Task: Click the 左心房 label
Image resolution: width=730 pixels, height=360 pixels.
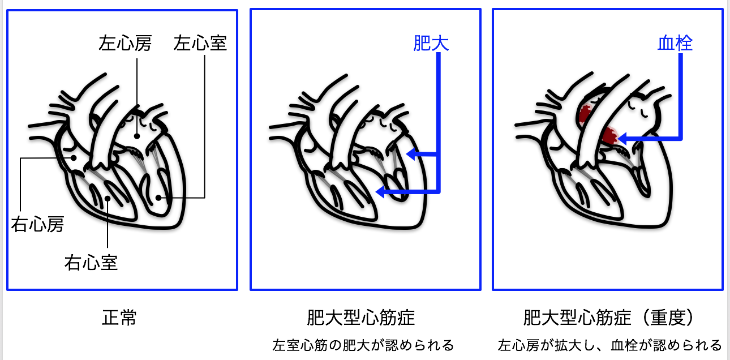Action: point(125,44)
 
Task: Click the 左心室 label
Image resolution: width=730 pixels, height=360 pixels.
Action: point(200,44)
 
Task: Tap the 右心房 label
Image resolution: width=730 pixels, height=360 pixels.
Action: point(37,224)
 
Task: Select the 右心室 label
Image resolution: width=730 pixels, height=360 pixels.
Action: point(91,263)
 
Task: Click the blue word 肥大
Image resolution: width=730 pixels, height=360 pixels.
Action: point(431,44)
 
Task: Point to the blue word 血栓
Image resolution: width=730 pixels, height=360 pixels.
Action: point(675,44)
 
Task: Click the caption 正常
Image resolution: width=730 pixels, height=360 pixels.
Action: point(119,318)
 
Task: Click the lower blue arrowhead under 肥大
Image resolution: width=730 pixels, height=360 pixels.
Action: point(380,192)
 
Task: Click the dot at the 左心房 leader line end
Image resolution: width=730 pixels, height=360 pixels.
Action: point(136,136)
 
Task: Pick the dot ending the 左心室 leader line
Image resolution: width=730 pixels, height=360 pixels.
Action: point(160,198)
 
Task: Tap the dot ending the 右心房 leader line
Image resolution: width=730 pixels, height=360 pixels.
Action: point(71,158)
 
